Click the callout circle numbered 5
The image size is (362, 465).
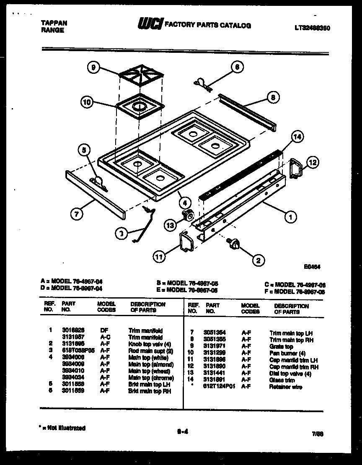pyautogui.click(x=84, y=150)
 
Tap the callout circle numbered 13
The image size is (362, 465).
pyautogui.click(x=170, y=226)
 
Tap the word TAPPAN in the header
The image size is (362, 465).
pyautogui.click(x=54, y=23)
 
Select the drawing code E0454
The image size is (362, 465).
pyautogui.click(x=312, y=266)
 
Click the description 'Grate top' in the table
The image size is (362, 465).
pyautogui.click(x=281, y=347)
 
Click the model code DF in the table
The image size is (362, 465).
pyautogui.click(x=104, y=330)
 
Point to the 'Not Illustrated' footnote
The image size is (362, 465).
pyautogui.click(x=63, y=428)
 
